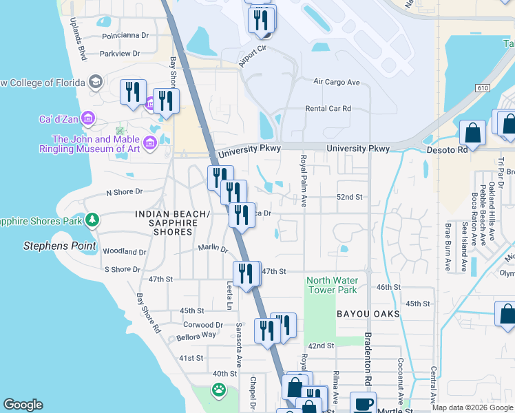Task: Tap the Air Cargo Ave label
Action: (x=337, y=82)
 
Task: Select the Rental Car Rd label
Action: (x=328, y=109)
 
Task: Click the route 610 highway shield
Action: (x=482, y=88)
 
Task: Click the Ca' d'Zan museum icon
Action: (x=87, y=119)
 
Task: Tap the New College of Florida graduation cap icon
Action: (x=95, y=83)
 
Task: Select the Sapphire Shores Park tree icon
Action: (x=92, y=220)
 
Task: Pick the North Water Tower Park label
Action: (x=332, y=285)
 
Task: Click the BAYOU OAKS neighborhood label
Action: (x=368, y=314)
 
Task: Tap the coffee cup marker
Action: (x=363, y=404)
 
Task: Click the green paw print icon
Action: (x=219, y=391)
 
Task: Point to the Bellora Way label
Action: (x=196, y=335)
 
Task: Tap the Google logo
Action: (x=23, y=405)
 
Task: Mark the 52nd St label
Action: (x=349, y=197)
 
